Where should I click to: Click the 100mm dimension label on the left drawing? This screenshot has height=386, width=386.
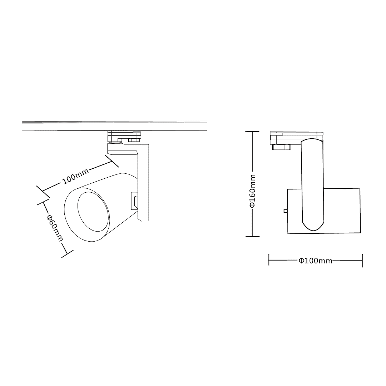tap(75, 177)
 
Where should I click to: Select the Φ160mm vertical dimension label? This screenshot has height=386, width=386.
tap(253, 191)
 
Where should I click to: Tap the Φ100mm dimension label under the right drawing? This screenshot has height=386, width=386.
tap(315, 261)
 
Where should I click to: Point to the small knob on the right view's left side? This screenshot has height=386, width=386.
tap(286, 211)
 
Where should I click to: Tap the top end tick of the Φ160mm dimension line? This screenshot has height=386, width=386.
tap(252, 132)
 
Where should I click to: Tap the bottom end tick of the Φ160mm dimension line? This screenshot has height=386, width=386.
tap(253, 237)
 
